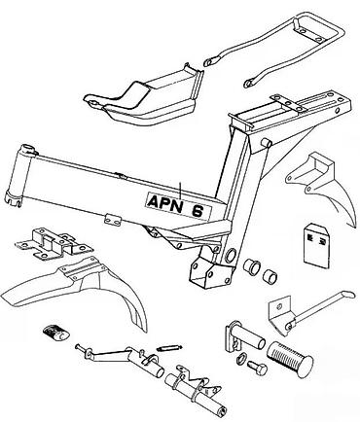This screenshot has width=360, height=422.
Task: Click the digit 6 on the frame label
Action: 198,211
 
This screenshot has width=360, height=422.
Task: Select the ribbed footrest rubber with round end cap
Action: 290,359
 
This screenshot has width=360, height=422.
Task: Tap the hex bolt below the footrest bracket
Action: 258,368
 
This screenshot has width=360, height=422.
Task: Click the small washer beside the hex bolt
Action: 241,358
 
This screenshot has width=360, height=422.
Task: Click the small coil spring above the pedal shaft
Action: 167,348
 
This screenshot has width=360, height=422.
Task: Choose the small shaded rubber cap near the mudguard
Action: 55,333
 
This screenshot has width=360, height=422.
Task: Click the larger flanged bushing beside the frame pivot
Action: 252,265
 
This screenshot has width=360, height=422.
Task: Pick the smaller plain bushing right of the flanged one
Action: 270,275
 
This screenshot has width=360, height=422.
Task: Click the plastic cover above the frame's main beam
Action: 143,97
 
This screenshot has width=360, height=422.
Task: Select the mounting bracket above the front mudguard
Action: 54,243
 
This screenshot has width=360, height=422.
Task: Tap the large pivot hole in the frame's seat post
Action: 231,255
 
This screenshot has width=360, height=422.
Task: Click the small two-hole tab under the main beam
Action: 113,220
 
